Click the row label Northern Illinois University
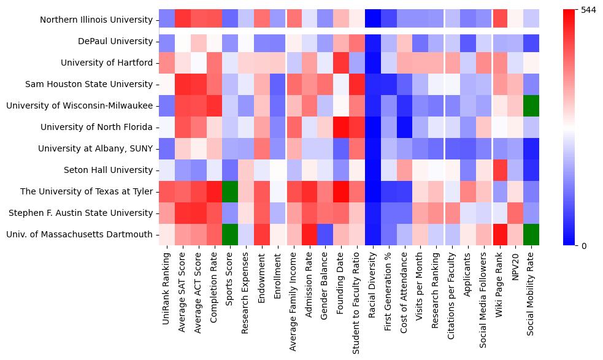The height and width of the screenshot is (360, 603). (96, 20)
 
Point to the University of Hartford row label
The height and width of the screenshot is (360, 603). (107, 63)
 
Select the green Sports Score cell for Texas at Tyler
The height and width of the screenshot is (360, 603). (230, 191)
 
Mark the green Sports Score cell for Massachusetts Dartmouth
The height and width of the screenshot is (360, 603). (230, 234)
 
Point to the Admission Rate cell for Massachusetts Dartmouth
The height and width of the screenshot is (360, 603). (309, 234)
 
